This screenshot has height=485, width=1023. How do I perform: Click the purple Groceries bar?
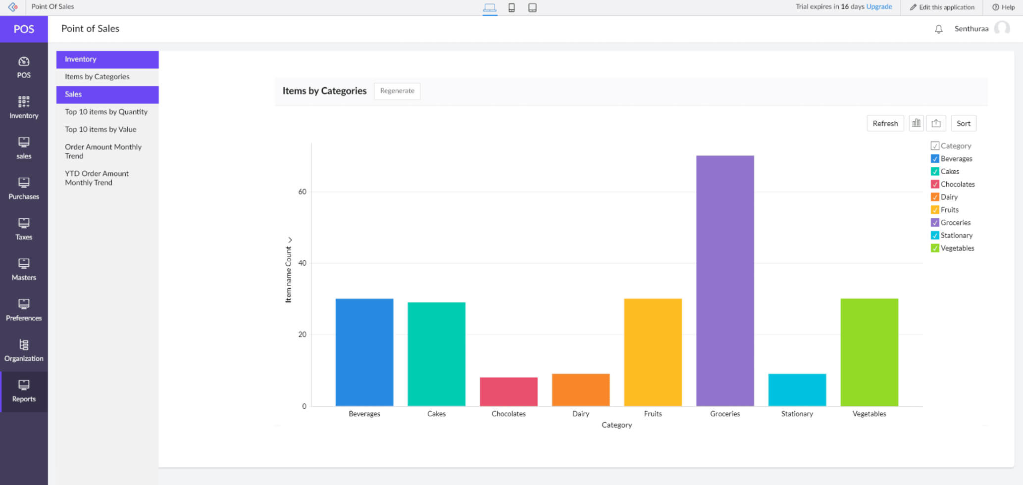725,281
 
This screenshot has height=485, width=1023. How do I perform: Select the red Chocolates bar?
509,391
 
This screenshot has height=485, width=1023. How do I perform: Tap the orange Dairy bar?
580,389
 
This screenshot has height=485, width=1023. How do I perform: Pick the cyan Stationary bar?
797,389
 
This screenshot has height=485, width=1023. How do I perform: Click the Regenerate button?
397,91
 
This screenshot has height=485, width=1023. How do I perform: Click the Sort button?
963,124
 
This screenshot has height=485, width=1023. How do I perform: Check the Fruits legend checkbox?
935,210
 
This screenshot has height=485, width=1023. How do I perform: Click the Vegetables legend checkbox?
935,248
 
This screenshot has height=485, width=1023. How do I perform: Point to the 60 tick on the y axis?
302,192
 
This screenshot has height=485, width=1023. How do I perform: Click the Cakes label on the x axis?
436,414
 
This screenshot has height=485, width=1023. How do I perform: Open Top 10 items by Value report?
101,130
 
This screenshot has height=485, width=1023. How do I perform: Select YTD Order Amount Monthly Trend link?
97,178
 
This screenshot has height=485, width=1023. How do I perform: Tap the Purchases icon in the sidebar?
24,183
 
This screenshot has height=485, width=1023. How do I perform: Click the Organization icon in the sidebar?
24,345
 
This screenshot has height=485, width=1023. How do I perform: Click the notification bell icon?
938,29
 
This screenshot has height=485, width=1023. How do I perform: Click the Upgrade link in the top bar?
879,7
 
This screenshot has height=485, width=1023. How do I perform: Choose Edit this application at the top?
942,7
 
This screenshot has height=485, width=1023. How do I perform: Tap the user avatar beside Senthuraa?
1002,28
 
